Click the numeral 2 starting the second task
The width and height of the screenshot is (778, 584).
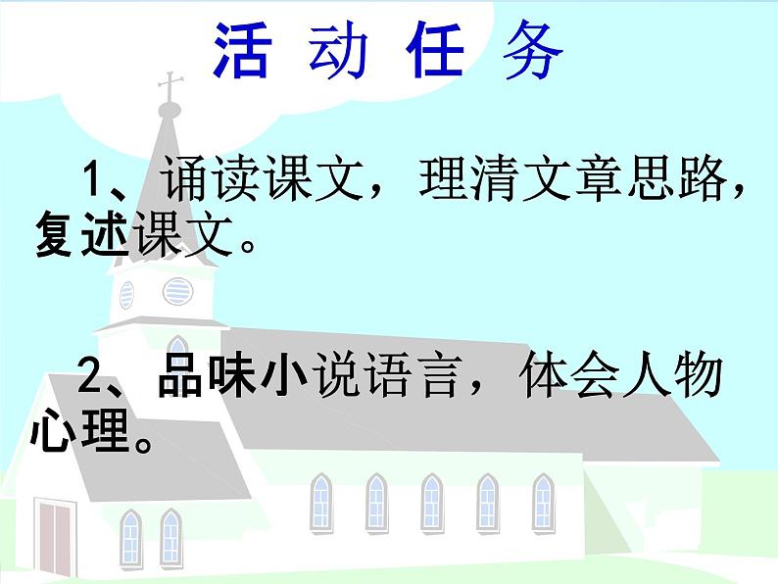(x=94, y=376)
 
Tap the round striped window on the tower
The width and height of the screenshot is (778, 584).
(x=177, y=290)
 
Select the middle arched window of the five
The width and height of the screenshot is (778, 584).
(x=430, y=503)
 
